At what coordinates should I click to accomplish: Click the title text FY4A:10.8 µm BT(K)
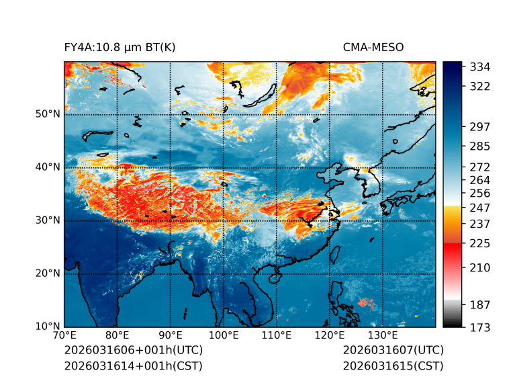[x=120, y=47]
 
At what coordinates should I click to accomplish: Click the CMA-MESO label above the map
[x=373, y=47]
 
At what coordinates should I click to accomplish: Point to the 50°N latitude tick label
[x=48, y=114]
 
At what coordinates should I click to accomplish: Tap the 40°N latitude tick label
[x=48, y=167]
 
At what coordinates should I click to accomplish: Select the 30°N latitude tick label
[x=48, y=220]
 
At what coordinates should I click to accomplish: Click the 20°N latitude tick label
[x=48, y=273]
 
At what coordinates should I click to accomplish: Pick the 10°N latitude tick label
[x=48, y=327]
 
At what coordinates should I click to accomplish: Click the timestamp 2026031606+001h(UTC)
[x=134, y=351]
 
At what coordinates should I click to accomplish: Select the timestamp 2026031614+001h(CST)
[x=133, y=366]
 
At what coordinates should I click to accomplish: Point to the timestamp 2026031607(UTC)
[x=393, y=351]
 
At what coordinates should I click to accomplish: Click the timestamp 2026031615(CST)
[x=393, y=366]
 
